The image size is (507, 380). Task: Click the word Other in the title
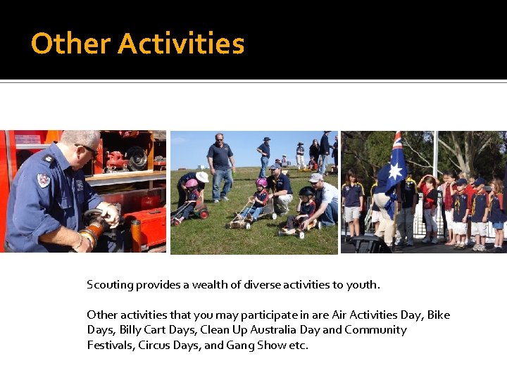(x=70, y=44)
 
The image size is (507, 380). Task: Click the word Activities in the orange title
(x=181, y=44)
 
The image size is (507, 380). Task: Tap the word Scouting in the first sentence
(x=110, y=285)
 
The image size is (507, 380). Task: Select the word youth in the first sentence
(x=363, y=285)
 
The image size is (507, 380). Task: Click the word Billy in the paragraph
(x=130, y=330)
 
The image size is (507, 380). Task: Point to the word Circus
(x=154, y=346)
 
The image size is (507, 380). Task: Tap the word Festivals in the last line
(x=111, y=346)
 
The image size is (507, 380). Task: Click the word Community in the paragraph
(x=375, y=330)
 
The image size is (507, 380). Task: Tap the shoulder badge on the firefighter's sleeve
(x=44, y=179)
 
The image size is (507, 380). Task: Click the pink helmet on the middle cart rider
(x=261, y=183)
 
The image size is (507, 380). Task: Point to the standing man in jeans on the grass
(x=221, y=167)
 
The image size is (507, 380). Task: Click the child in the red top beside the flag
(x=428, y=204)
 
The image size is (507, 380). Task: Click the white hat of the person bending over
(x=203, y=177)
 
